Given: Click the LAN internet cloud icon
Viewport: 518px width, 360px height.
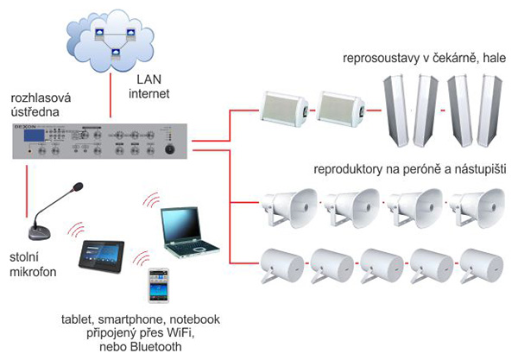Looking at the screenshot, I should pos(112,39).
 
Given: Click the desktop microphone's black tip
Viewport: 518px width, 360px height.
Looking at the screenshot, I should pos(78,186).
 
